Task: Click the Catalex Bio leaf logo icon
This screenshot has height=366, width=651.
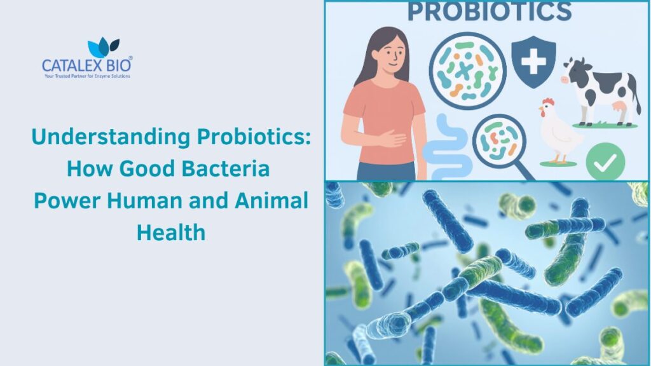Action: [x=103, y=48]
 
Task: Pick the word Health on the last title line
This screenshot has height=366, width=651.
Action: [x=170, y=233]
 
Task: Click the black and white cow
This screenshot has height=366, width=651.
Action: [x=600, y=89]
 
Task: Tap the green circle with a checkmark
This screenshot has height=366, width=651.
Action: [x=605, y=161]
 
